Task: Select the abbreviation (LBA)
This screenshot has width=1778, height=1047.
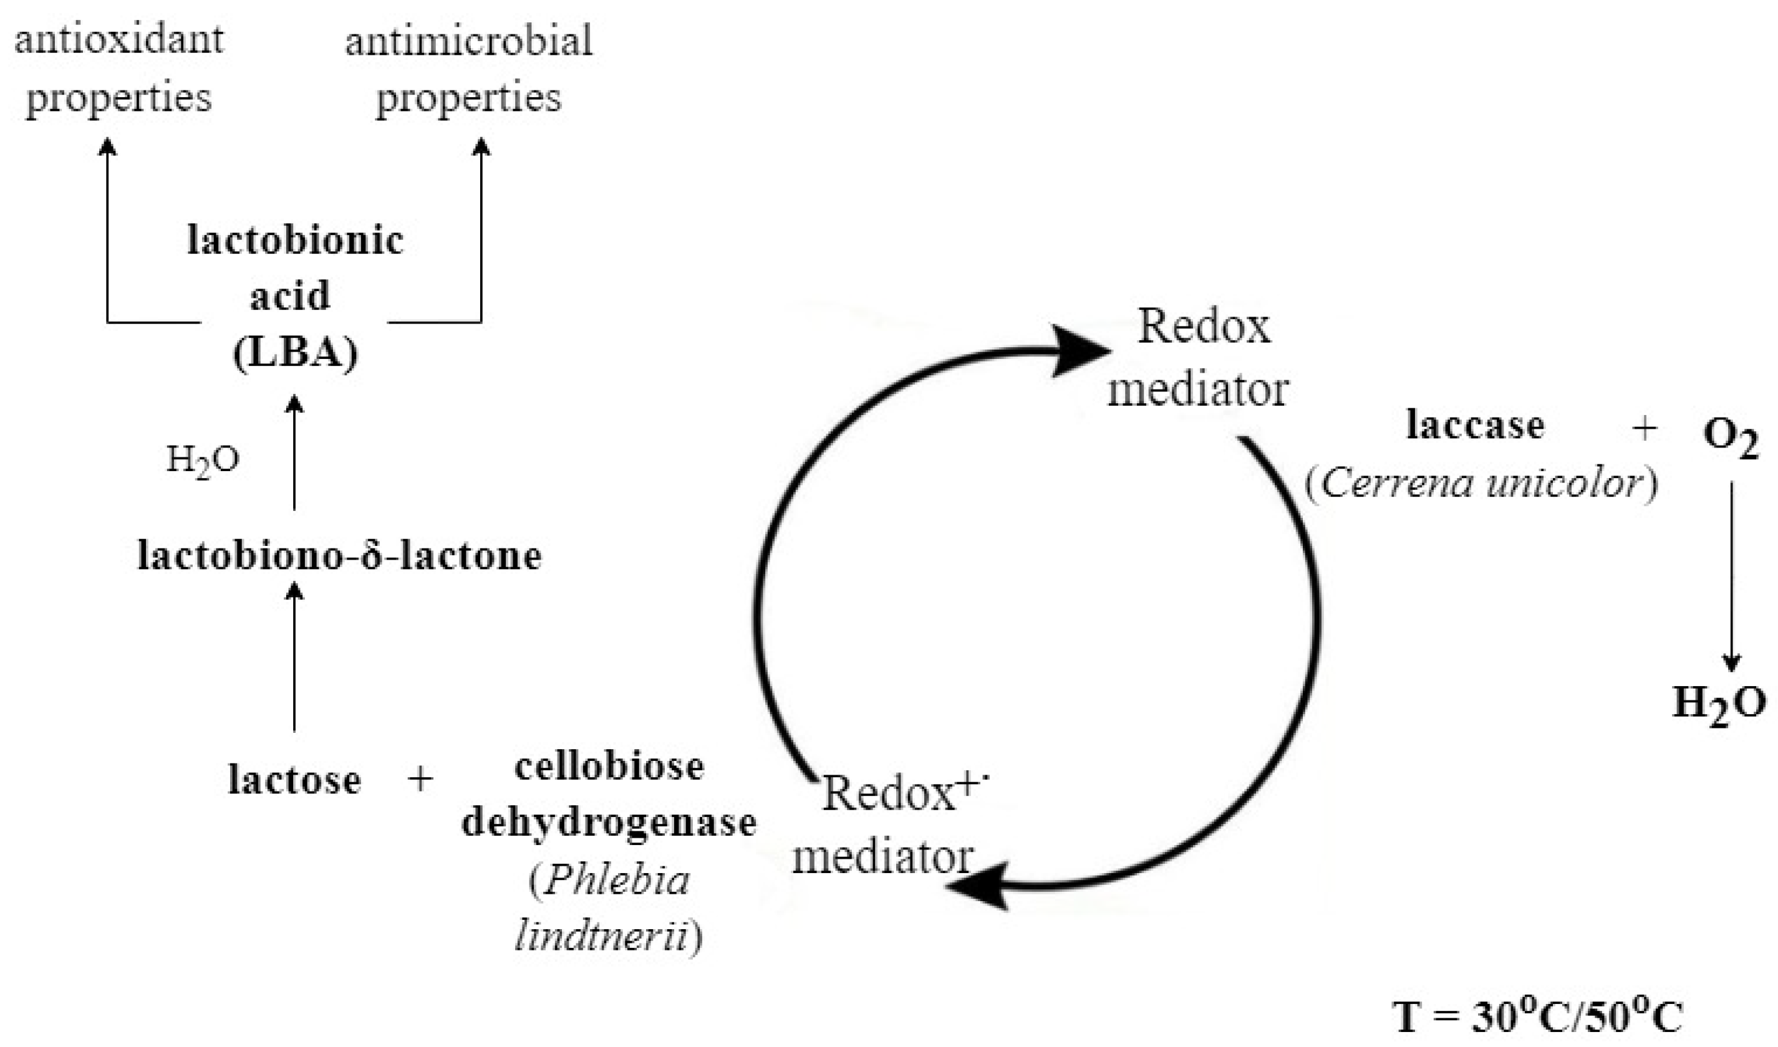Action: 295,352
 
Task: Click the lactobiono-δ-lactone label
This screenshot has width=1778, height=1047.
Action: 339,555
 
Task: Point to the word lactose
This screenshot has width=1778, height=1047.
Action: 294,780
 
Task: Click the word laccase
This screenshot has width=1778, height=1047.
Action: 1475,426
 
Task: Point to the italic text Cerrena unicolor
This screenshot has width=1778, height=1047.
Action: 1481,484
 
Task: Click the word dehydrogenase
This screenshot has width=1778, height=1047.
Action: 609,823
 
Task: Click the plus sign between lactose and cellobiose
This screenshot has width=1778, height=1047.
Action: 420,780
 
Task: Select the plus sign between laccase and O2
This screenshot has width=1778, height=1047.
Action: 1645,428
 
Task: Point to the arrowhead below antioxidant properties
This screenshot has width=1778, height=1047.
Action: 107,146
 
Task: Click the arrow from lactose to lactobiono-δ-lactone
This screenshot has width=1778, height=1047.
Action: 294,656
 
